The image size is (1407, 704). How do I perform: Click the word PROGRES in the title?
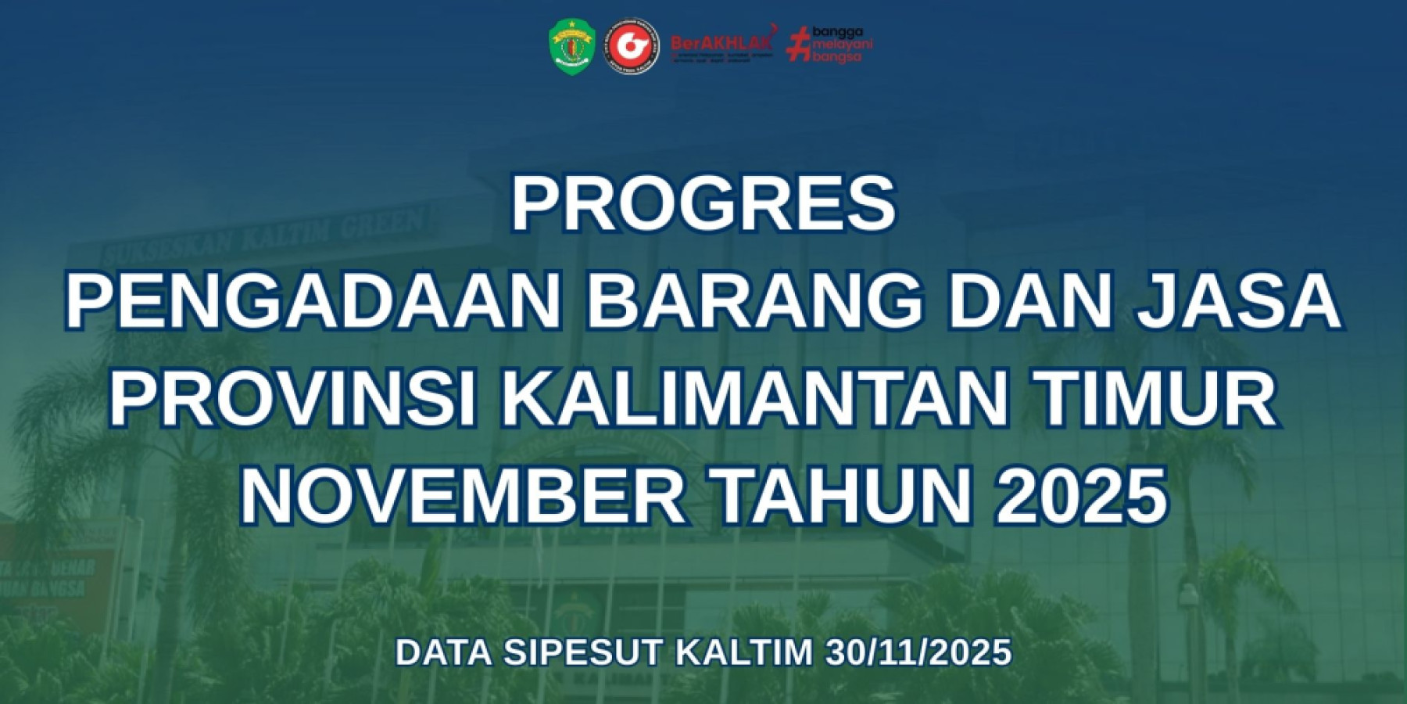[703, 204]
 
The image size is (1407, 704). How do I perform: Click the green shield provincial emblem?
[571, 46]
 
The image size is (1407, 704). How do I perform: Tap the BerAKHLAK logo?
[721, 46]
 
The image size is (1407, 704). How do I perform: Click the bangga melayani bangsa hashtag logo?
[829, 45]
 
